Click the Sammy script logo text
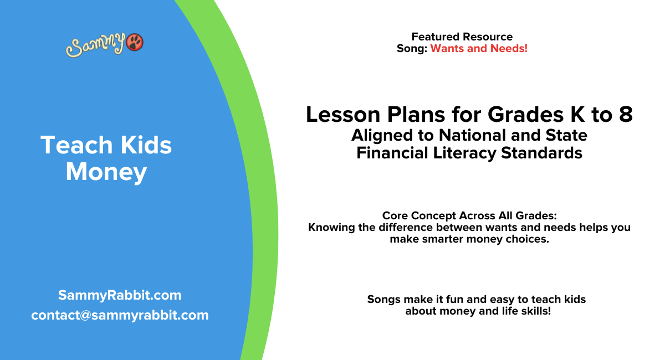[x=95, y=45]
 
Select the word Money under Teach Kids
[x=106, y=172]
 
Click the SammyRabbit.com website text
[x=120, y=295]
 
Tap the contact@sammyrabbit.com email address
[x=120, y=315]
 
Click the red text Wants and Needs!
[x=479, y=49]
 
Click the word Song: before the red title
[x=412, y=49]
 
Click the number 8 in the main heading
[x=625, y=115]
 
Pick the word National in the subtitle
[x=476, y=135]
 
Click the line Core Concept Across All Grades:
[x=469, y=215]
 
